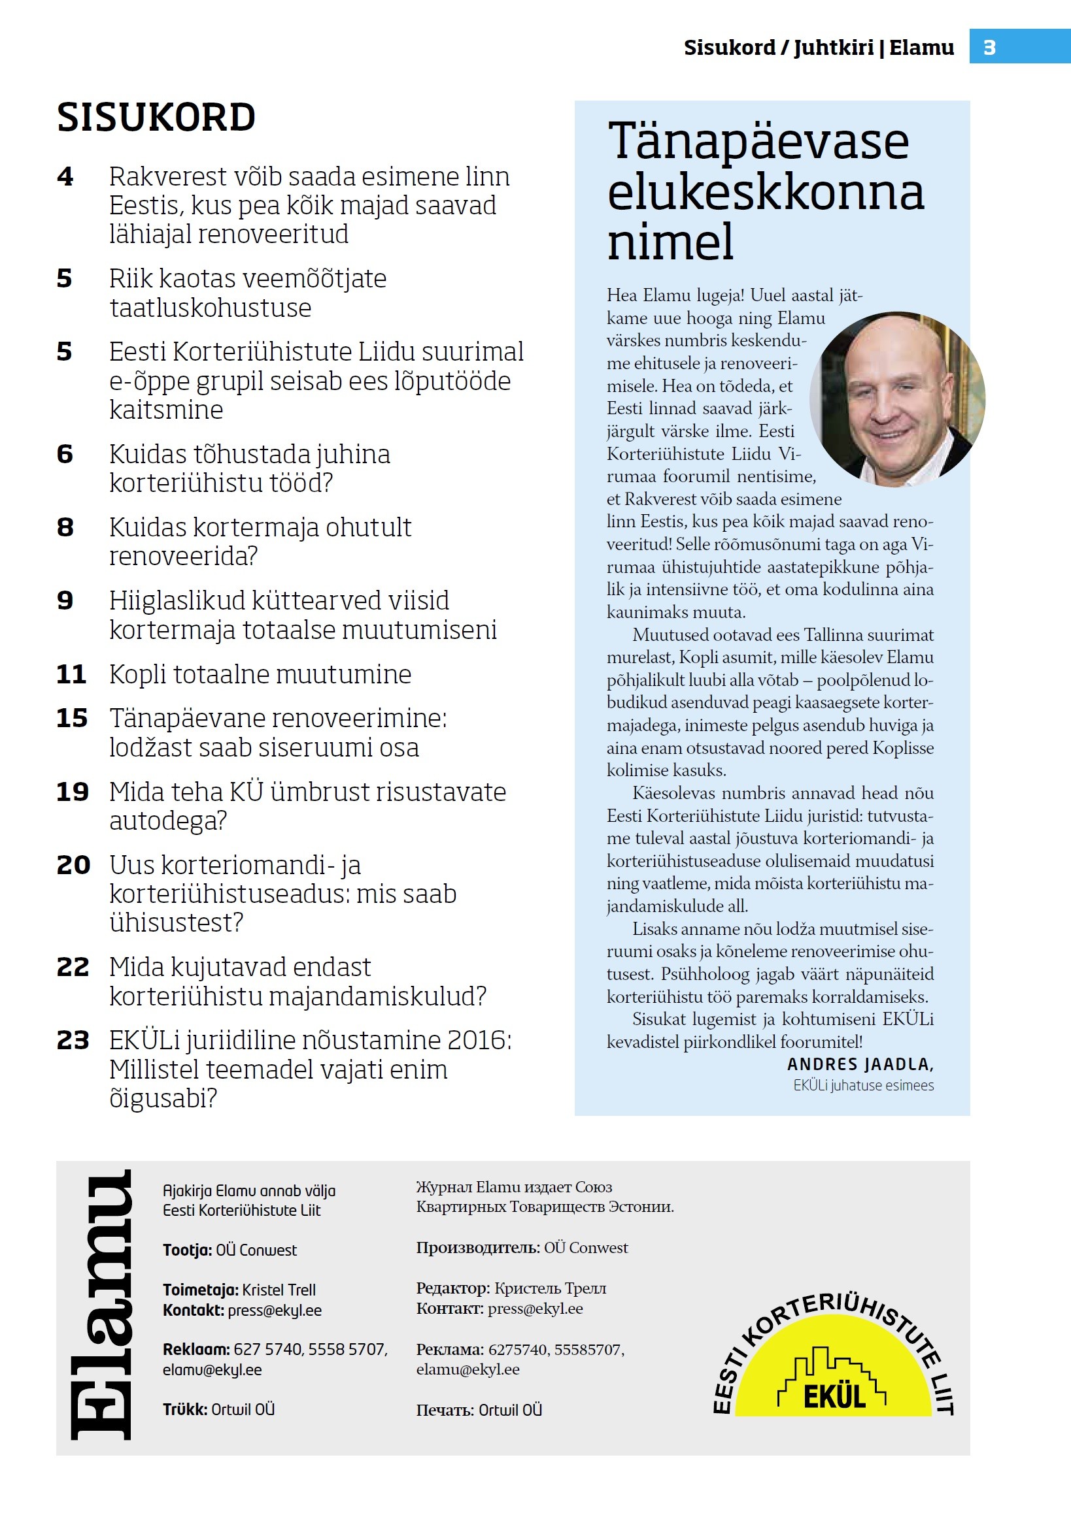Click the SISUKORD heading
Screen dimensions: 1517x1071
click(x=156, y=118)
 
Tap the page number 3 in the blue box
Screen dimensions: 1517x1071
click(x=989, y=48)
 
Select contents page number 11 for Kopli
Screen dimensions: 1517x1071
click(x=71, y=674)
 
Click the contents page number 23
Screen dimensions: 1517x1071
click(x=73, y=1040)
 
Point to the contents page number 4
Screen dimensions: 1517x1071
click(x=65, y=176)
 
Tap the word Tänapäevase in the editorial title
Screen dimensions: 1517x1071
click(x=758, y=140)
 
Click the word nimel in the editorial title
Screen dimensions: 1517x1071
click(x=670, y=242)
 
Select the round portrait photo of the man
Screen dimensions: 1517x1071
click(x=897, y=399)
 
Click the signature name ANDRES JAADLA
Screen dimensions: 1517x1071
click(x=859, y=1064)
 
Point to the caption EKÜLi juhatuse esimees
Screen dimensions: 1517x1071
click(x=864, y=1085)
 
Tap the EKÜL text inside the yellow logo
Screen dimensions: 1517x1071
click(x=834, y=1397)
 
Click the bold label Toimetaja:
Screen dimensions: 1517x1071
click(x=200, y=1290)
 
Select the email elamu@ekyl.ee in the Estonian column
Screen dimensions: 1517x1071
click(x=212, y=1369)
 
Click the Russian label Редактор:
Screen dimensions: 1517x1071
click(x=453, y=1288)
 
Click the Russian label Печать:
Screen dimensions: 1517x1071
click(x=444, y=1410)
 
